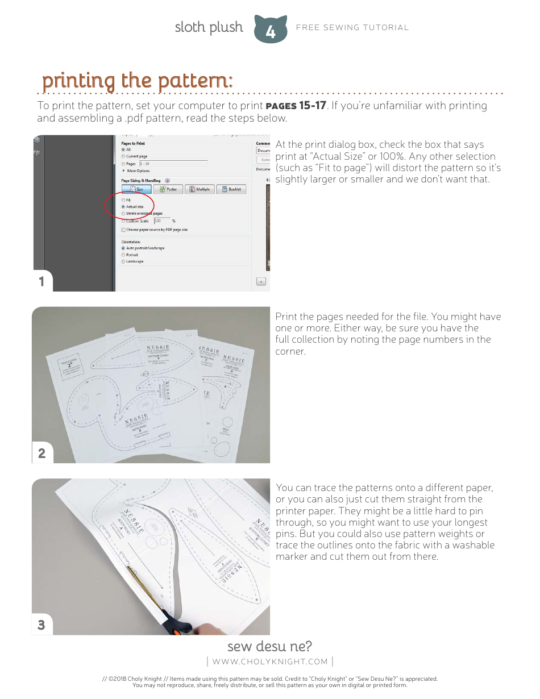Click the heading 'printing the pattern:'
click(x=137, y=81)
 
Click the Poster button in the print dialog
click(x=168, y=189)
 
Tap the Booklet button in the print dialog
click(x=231, y=189)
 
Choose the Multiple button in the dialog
click(x=200, y=189)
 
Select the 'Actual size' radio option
click(x=123, y=207)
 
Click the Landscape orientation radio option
click(x=123, y=261)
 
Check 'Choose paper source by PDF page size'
click(x=123, y=230)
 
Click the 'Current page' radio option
click(x=123, y=156)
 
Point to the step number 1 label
click(x=41, y=281)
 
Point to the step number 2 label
click(x=41, y=453)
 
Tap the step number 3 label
click(x=41, y=625)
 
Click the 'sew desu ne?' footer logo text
click(x=269, y=647)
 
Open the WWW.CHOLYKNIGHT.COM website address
click(x=269, y=661)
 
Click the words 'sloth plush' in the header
click(x=209, y=27)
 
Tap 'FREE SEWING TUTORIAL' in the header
click(x=352, y=27)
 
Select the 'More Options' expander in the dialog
click(x=138, y=170)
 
